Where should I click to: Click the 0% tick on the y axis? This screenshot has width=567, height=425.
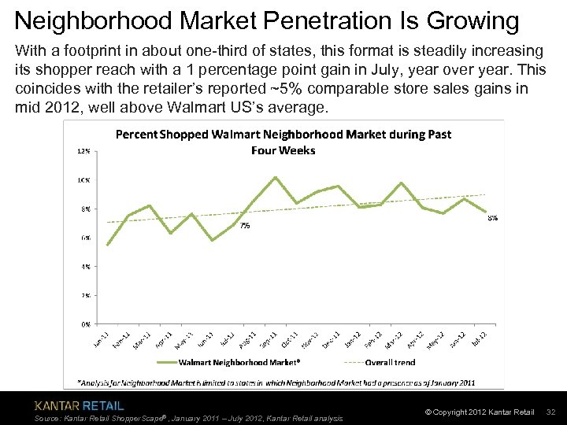click(84, 323)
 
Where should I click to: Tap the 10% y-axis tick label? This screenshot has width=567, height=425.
click(83, 179)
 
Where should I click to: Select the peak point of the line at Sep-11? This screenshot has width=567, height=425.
click(275, 177)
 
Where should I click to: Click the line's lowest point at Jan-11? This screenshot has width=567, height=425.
click(107, 246)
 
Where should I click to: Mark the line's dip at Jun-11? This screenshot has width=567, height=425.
click(212, 240)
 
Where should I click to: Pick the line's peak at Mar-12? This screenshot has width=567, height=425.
click(402, 183)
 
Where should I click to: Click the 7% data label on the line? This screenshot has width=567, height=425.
click(245, 226)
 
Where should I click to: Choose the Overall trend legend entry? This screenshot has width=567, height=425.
click(382, 362)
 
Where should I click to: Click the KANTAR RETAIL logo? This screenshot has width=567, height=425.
click(79, 406)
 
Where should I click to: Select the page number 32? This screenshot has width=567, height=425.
click(551, 412)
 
